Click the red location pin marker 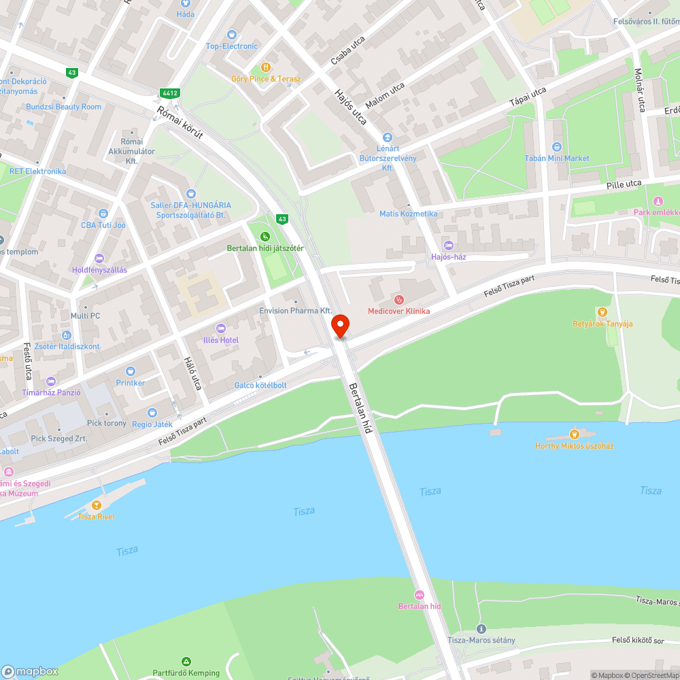[x=340, y=326]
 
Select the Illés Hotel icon [x=219, y=329]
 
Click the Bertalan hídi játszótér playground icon [x=265, y=237]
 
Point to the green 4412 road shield [x=170, y=92]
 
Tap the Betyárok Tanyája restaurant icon [x=602, y=312]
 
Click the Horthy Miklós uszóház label [x=575, y=445]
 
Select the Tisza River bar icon [x=96, y=505]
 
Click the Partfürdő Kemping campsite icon [x=186, y=661]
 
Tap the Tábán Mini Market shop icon [x=556, y=147]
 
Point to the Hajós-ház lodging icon [x=447, y=245]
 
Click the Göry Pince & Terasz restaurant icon [x=265, y=67]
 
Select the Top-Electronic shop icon [x=231, y=35]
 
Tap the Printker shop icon [x=130, y=371]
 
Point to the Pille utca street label [x=624, y=184]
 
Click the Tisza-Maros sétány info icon [x=481, y=629]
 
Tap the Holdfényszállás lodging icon [x=99, y=258]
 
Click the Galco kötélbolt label [x=260, y=386]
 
